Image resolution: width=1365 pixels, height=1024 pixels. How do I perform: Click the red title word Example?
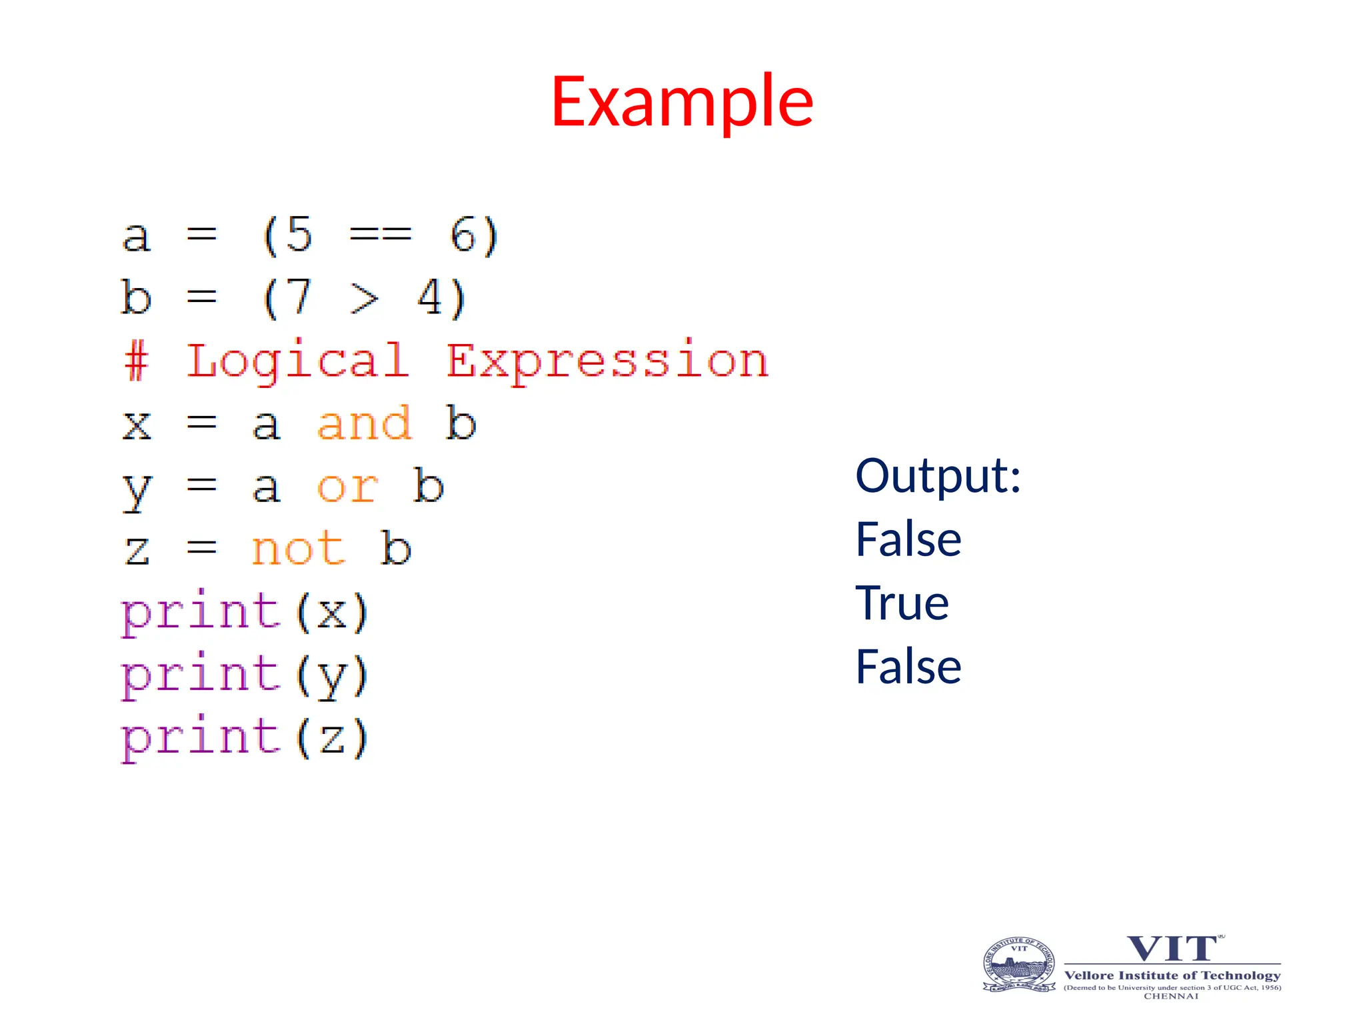tap(682, 101)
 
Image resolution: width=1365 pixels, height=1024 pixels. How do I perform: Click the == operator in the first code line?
tap(381, 235)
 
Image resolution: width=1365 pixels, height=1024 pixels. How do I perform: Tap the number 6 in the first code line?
tap(463, 235)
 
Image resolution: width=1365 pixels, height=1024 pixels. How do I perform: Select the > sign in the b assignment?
tap(365, 298)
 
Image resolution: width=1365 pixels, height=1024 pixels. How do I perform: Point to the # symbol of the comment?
tap(136, 361)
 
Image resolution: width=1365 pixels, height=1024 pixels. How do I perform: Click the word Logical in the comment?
tap(297, 361)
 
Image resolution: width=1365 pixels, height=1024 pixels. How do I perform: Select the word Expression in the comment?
tap(607, 361)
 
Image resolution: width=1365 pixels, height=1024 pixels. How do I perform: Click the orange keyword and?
tap(364, 423)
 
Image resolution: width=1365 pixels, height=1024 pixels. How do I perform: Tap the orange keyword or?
tap(347, 487)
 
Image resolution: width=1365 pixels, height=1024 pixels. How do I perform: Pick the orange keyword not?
tap(298, 549)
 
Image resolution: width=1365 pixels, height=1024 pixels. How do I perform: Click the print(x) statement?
tap(244, 612)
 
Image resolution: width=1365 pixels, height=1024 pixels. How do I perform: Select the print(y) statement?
tap(244, 675)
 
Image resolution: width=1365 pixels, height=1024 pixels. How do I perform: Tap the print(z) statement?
tap(244, 737)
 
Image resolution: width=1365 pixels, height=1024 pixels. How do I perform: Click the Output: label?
tap(938, 476)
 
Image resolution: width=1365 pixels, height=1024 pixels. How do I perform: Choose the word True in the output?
tap(902, 603)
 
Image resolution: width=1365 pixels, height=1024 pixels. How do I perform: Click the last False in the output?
tap(908, 666)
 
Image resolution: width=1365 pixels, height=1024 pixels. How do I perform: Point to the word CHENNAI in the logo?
tap(1171, 996)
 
